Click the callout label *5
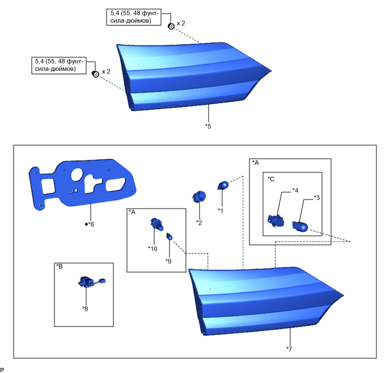coord(208,126)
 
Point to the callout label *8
coord(85,309)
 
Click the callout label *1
coord(221,210)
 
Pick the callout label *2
coord(199,222)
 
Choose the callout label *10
coord(152,248)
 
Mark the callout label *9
coord(168,261)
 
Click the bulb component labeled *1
coord(223,185)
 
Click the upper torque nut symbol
coord(171,26)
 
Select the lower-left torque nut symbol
coord(96,73)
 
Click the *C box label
coord(272,179)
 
